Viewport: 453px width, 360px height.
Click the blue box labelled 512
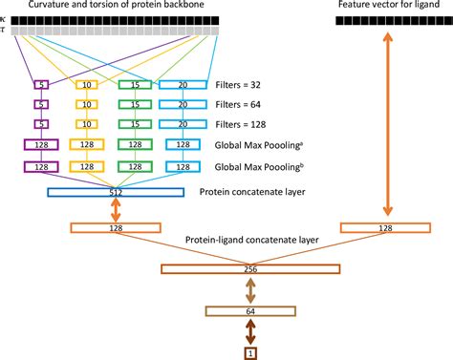click(117, 192)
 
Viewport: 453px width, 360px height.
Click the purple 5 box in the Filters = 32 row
click(41, 85)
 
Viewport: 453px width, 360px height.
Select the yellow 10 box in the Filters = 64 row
click(87, 104)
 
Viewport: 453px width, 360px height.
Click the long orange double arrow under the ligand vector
click(387, 124)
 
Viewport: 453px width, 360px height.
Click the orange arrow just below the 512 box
click(117, 210)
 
